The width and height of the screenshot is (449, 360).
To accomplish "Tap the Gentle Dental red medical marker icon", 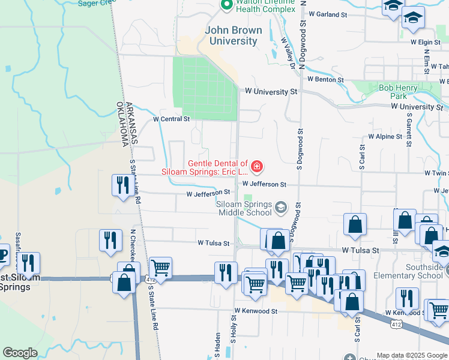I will point(257,166).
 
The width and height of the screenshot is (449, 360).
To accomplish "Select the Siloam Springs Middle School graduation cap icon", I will point(280,208).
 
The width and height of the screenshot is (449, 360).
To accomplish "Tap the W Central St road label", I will point(171,119).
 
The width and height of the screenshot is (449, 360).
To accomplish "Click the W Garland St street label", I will point(327,14).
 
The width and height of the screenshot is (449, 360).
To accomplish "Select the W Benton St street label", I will point(325,79).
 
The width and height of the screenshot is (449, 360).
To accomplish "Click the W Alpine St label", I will point(385,137).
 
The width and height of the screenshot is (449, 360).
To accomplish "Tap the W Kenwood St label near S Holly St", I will point(256,311).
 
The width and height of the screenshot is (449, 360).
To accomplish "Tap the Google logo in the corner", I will point(20,353).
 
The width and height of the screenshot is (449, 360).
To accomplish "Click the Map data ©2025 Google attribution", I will point(412,355).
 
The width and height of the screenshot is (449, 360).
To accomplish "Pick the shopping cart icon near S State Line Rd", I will point(160,267).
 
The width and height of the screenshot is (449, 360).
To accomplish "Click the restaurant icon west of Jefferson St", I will point(122,185).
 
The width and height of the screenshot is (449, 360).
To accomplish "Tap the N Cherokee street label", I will point(134,244).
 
